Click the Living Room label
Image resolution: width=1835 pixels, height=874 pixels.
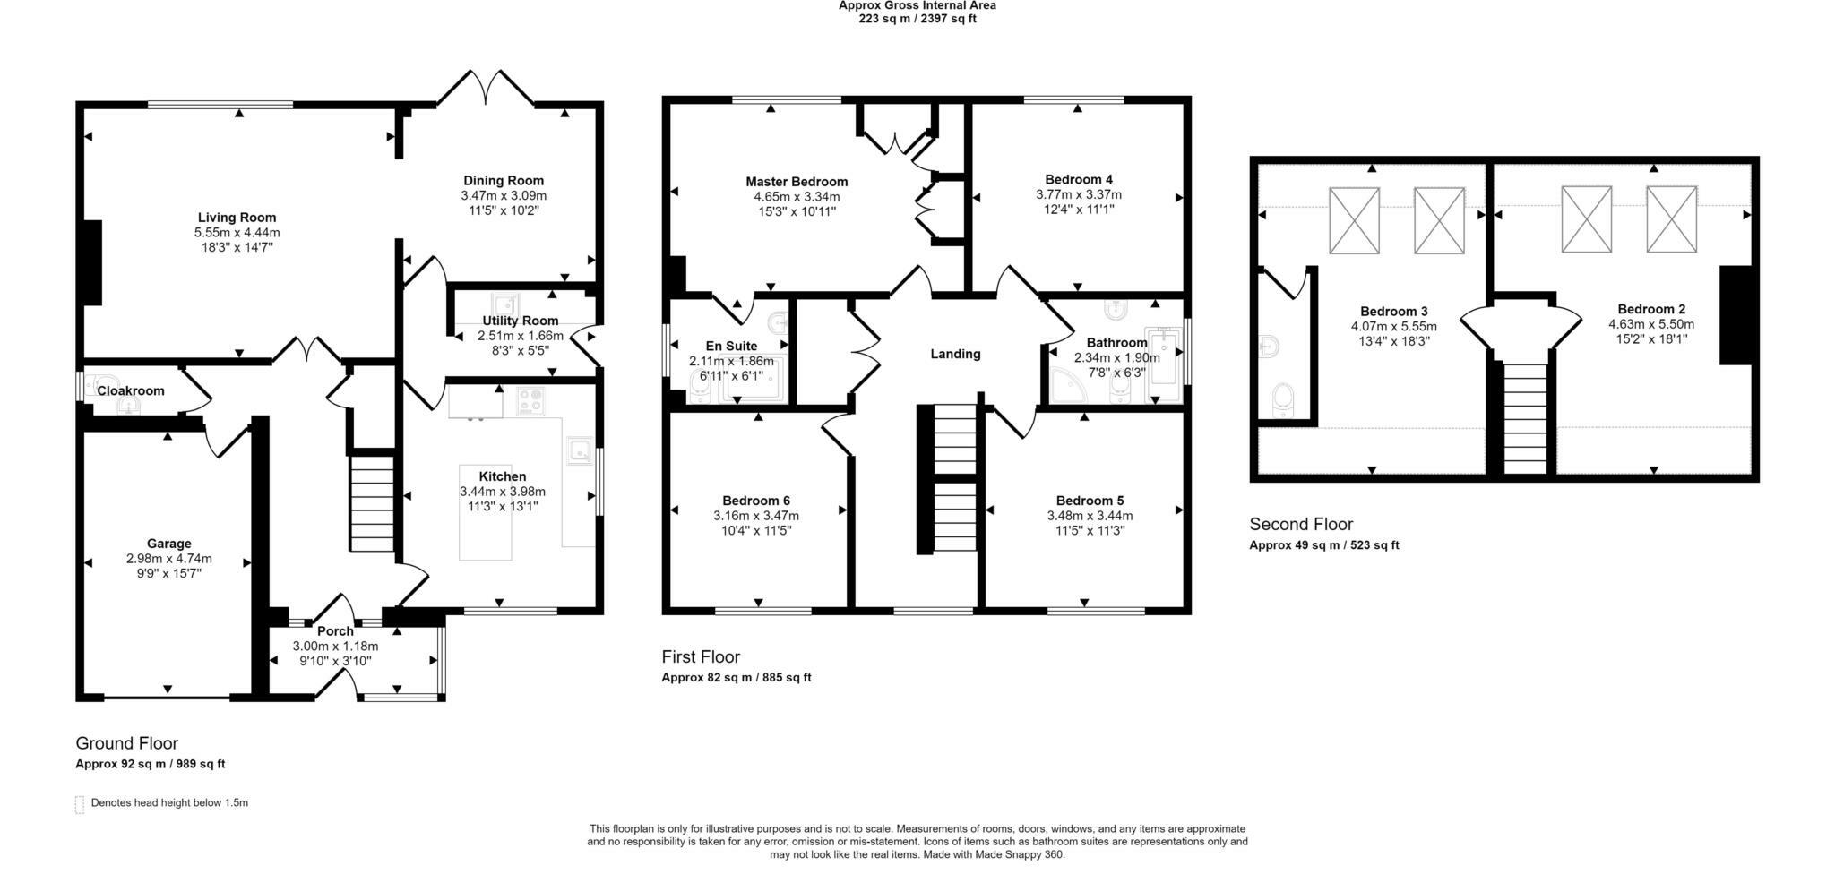[x=237, y=218]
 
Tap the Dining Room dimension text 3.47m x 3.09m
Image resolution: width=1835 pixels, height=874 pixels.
[x=504, y=195]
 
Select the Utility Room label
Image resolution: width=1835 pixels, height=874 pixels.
[x=520, y=321]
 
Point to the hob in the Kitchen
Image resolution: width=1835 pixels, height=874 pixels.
[x=530, y=400]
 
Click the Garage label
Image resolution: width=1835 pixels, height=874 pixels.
[x=169, y=544]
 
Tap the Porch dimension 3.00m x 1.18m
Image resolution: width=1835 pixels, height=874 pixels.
[x=335, y=647]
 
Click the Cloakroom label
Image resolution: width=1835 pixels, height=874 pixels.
[x=131, y=391]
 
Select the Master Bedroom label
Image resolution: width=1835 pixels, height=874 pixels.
[x=797, y=182]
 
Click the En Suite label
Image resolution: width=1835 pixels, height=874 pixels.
[x=731, y=346]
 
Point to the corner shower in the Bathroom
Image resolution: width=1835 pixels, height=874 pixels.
[x=1067, y=385]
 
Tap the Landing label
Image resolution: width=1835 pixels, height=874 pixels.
[x=955, y=354]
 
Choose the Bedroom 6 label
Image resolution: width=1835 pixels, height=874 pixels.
[x=756, y=501]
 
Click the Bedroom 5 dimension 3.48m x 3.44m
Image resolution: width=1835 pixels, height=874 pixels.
[x=1090, y=516]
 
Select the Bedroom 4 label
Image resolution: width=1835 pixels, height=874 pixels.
[x=1079, y=179]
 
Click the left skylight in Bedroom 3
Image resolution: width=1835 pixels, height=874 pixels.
[x=1354, y=220]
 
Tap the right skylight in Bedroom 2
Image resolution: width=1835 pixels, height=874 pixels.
[x=1671, y=218]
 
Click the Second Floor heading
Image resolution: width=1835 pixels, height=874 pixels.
[x=1301, y=525]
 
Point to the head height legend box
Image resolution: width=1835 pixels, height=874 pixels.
[x=80, y=804]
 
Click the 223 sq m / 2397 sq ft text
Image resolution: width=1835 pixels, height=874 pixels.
[x=917, y=19]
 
